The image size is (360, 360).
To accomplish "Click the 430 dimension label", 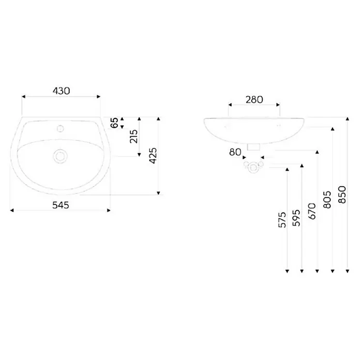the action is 62,91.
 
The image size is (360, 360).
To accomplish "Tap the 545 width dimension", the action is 61,205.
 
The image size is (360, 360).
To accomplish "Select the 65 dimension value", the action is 114,123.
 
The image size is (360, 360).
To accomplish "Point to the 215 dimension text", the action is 133,137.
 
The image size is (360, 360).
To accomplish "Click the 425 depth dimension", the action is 153,156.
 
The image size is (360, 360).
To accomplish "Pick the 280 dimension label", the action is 254,100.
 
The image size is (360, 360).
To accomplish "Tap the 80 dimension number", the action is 235,152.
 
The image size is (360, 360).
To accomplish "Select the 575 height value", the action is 282,220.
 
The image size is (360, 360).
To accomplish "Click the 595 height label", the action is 296,218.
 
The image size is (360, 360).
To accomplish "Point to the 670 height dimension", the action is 312,211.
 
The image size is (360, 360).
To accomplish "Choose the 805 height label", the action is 327,200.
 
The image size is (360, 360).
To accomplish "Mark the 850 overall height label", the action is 342,194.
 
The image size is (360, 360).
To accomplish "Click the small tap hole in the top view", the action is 61,128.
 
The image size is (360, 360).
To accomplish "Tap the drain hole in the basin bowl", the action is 60,156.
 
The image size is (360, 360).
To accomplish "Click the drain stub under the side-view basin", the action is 253,147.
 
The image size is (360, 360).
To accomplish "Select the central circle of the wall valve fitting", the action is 253,168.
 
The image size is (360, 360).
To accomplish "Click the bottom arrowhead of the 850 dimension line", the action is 348,271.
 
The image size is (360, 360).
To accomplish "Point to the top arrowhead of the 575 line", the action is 287,170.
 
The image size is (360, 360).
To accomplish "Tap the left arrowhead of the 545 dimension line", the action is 12,211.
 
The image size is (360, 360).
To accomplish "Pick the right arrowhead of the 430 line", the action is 99,96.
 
